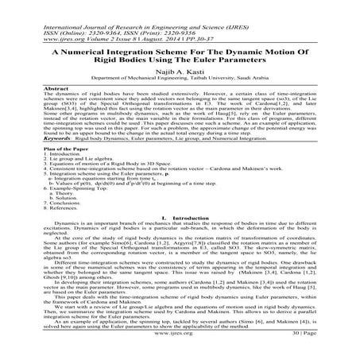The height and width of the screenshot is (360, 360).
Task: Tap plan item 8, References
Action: pos(62,207)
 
